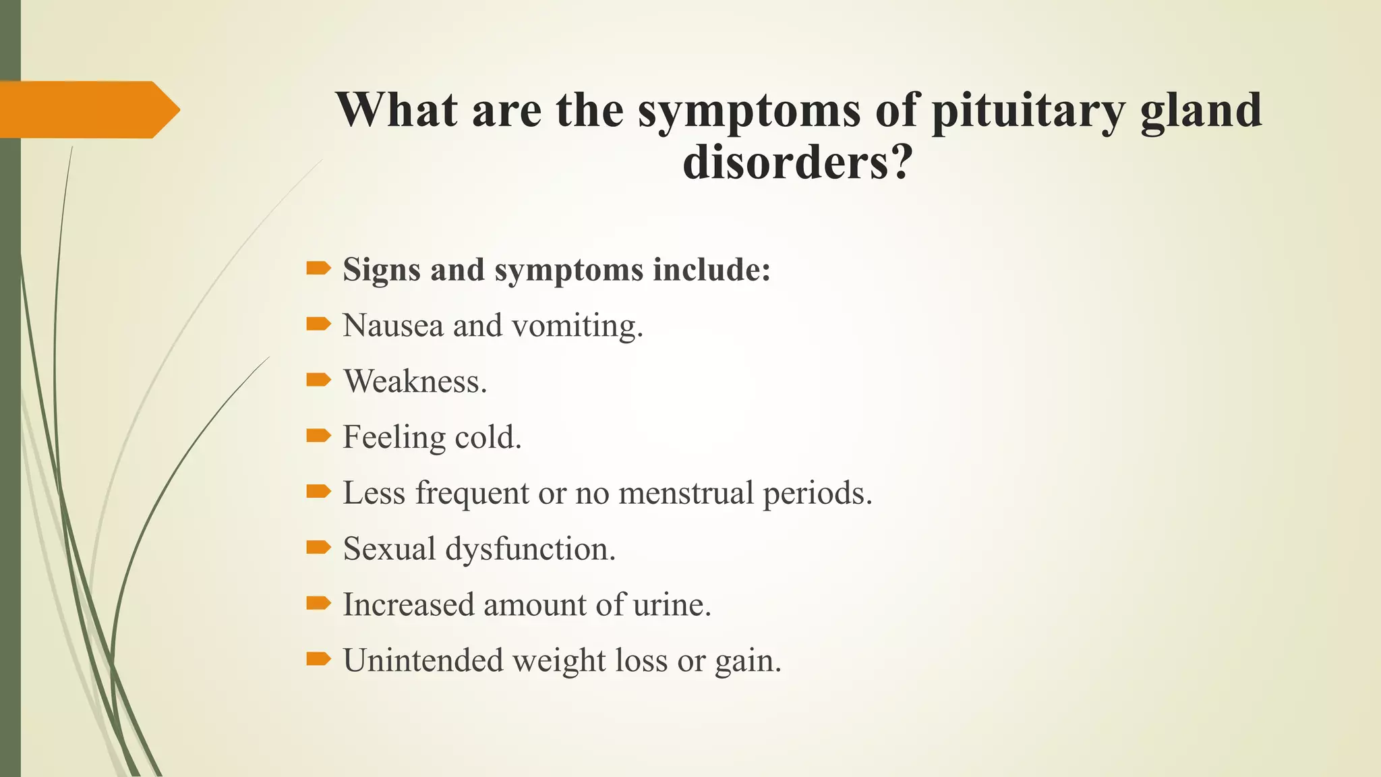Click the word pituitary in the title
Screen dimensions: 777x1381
tap(1028, 111)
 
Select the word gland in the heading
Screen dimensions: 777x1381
tap(1201, 111)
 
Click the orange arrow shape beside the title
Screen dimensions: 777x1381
tap(90, 109)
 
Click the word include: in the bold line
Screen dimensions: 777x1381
tap(711, 270)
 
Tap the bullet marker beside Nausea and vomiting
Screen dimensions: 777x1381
tap(318, 324)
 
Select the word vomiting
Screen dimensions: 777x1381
tap(578, 326)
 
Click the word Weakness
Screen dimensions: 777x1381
tap(415, 381)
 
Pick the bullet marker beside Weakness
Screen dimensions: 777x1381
tap(318, 380)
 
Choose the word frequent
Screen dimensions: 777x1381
tap(471, 493)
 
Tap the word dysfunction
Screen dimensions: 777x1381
tap(531, 549)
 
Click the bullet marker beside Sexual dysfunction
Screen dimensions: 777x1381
tap(318, 548)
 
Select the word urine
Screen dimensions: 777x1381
tap(672, 604)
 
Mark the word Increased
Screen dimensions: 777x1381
tap(409, 604)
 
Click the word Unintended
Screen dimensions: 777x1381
tap(423, 660)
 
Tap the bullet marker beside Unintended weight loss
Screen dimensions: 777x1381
tap(318, 659)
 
